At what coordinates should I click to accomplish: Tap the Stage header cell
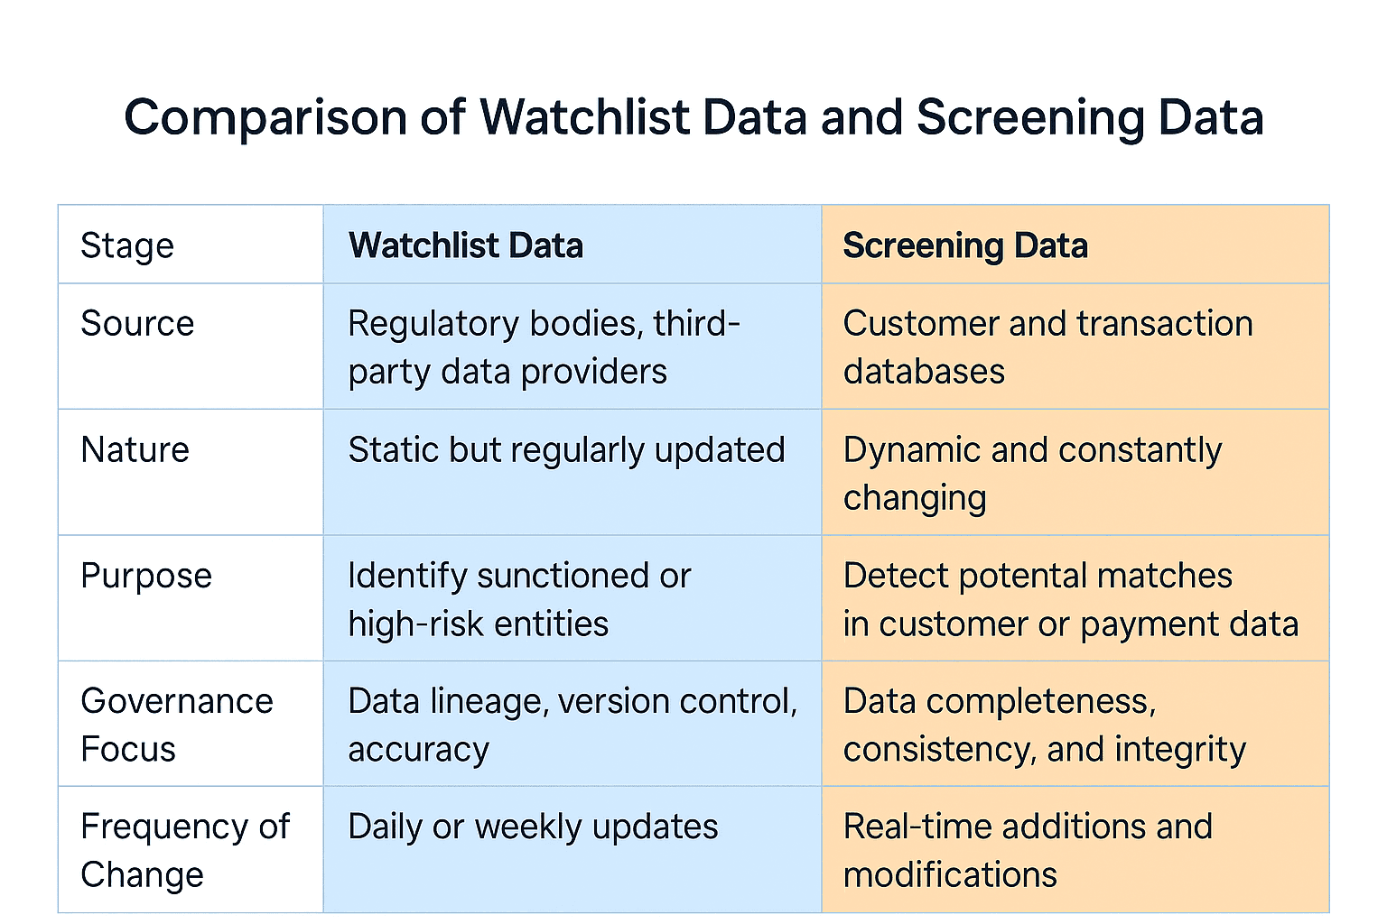[127, 245]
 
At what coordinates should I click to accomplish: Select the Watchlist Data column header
[466, 245]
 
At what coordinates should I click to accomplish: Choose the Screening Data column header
[965, 245]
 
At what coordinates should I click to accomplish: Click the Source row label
[137, 324]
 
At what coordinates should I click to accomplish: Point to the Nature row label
[135, 450]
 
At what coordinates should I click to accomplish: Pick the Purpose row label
[146, 576]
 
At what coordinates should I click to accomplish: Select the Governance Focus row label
[176, 725]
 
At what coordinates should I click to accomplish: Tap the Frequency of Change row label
[184, 851]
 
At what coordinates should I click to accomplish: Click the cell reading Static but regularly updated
[566, 450]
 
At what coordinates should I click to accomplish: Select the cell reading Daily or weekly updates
[533, 827]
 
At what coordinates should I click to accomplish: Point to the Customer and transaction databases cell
[1047, 347]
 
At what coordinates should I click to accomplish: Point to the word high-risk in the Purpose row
[402, 624]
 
